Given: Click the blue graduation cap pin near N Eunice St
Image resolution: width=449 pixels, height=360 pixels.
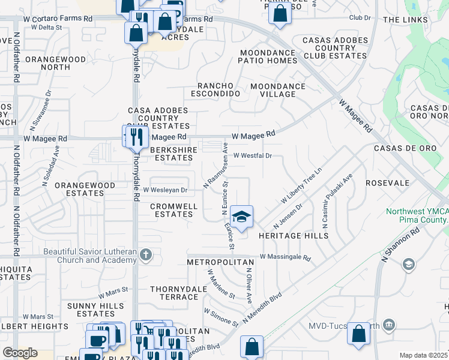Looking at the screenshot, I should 241,217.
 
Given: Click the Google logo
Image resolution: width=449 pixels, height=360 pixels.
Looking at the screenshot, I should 20,353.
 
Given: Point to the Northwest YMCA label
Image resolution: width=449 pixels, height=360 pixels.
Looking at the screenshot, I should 417,215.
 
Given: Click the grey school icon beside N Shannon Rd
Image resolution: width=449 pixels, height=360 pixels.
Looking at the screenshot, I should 409,265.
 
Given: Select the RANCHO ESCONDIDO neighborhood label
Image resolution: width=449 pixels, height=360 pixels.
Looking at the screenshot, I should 215,89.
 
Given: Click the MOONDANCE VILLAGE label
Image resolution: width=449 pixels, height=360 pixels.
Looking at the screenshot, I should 277,90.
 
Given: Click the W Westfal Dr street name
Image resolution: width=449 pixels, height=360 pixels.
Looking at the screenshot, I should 253,155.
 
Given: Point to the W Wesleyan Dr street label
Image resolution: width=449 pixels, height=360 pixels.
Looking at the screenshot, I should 165,190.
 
